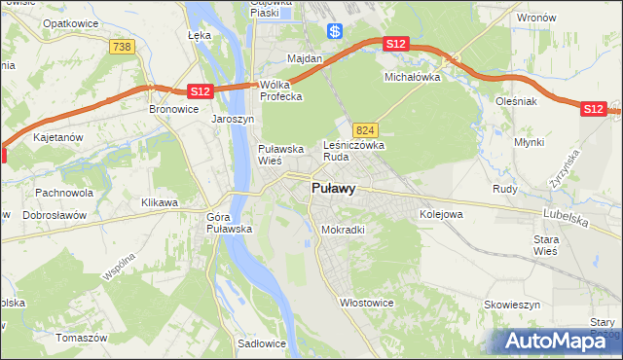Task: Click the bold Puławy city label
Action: pos(332,189)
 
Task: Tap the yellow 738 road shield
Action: pos(122,48)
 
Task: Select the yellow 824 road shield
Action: pos(365,129)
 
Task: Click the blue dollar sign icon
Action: pos(335,31)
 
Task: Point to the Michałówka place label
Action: pos(413,76)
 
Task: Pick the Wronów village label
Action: pos(535,18)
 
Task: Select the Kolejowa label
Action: pos(440,213)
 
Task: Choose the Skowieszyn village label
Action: pos(512,305)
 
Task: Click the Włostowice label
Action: pos(366,303)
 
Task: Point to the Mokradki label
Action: pos(343,230)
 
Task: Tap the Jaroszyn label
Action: pos(233,119)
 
